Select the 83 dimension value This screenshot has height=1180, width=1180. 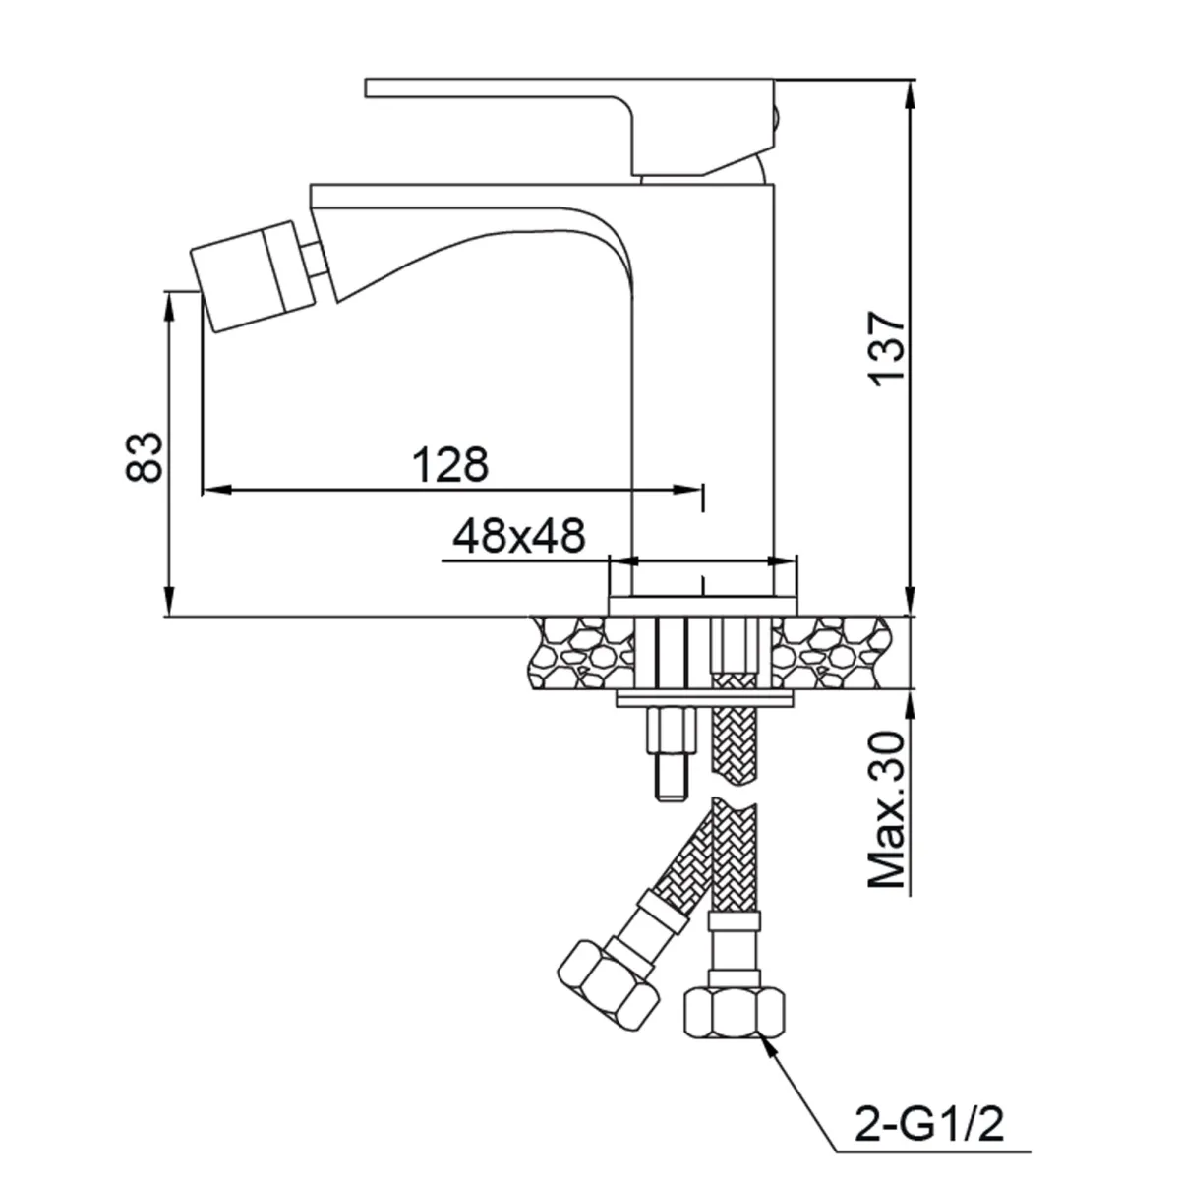click(x=146, y=455)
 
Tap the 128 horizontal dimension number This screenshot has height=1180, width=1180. click(x=449, y=465)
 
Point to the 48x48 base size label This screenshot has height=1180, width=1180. click(x=518, y=536)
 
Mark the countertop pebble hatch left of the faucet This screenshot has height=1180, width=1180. click(x=580, y=651)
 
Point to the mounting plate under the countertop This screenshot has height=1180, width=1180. click(x=705, y=700)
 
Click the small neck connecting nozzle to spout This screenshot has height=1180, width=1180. click(x=312, y=258)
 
